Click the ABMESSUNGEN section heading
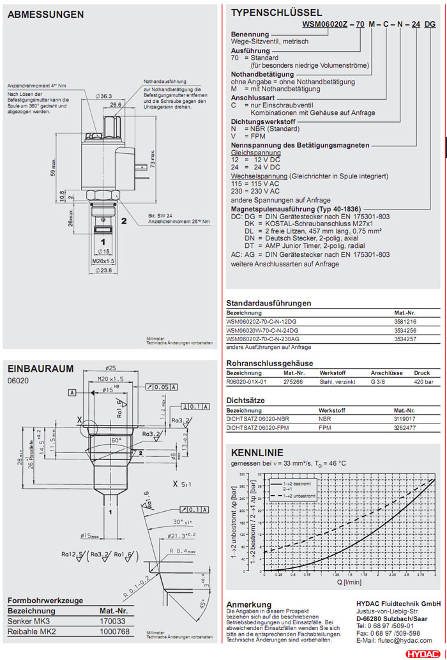click(45, 14)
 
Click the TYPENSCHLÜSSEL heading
click(276, 13)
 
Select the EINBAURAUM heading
click(40, 368)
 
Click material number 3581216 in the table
click(405, 321)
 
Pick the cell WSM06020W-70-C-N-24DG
click(262, 330)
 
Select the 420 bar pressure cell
click(423, 381)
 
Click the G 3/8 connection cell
click(379, 381)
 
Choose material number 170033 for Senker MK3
click(113, 621)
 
